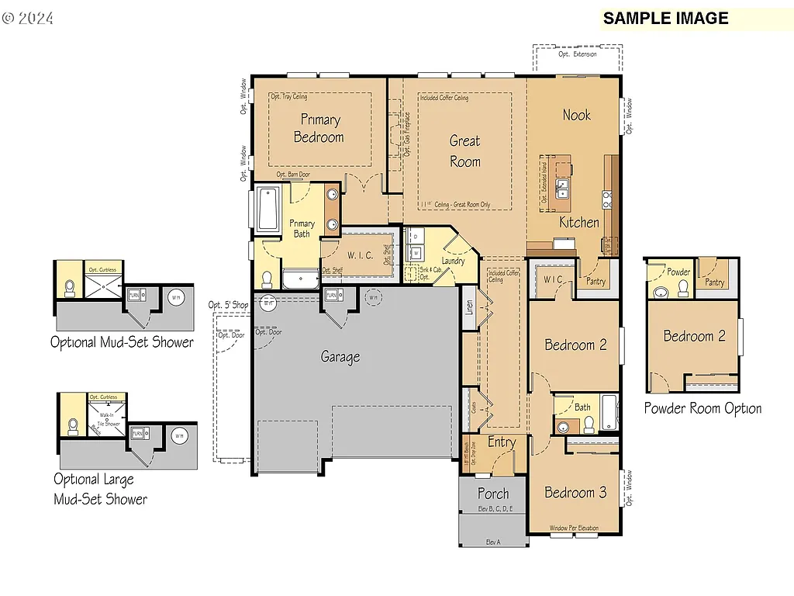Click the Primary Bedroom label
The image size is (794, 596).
[319, 128]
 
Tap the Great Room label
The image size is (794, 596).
[465, 151]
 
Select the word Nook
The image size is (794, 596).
[576, 115]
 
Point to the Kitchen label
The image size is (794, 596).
[579, 222]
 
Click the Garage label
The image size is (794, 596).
[340, 357]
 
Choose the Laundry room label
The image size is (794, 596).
[453, 261]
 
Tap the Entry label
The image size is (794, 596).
[502, 442]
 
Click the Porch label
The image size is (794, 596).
[493, 494]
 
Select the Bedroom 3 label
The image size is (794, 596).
[575, 493]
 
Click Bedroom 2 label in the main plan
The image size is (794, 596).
[575, 345]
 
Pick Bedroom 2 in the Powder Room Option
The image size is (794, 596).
[694, 336]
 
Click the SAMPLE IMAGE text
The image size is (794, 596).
[666, 19]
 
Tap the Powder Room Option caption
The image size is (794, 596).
[703, 408]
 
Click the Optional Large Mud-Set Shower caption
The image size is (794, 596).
[100, 489]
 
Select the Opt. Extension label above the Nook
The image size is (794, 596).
[578, 54]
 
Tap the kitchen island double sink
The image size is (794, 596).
[561, 189]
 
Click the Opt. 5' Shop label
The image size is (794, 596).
[228, 304]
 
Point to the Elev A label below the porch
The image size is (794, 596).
[493, 542]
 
